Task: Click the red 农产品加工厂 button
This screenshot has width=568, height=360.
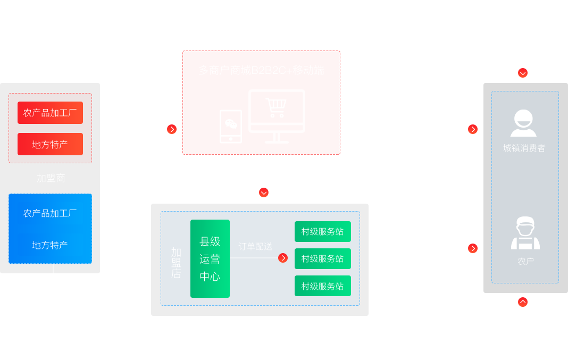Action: click(50, 113)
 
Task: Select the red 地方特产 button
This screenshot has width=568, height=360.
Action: click(50, 144)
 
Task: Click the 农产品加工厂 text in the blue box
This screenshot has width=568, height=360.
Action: click(50, 213)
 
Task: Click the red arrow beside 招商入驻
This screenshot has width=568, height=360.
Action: click(172, 129)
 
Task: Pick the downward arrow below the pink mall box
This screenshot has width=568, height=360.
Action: click(264, 192)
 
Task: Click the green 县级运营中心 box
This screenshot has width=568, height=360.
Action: click(210, 258)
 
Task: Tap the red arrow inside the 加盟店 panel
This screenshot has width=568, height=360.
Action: click(283, 258)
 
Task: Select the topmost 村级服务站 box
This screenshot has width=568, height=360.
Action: click(322, 232)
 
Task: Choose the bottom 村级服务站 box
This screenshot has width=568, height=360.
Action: click(322, 286)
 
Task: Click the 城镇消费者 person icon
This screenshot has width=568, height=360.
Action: click(523, 123)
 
